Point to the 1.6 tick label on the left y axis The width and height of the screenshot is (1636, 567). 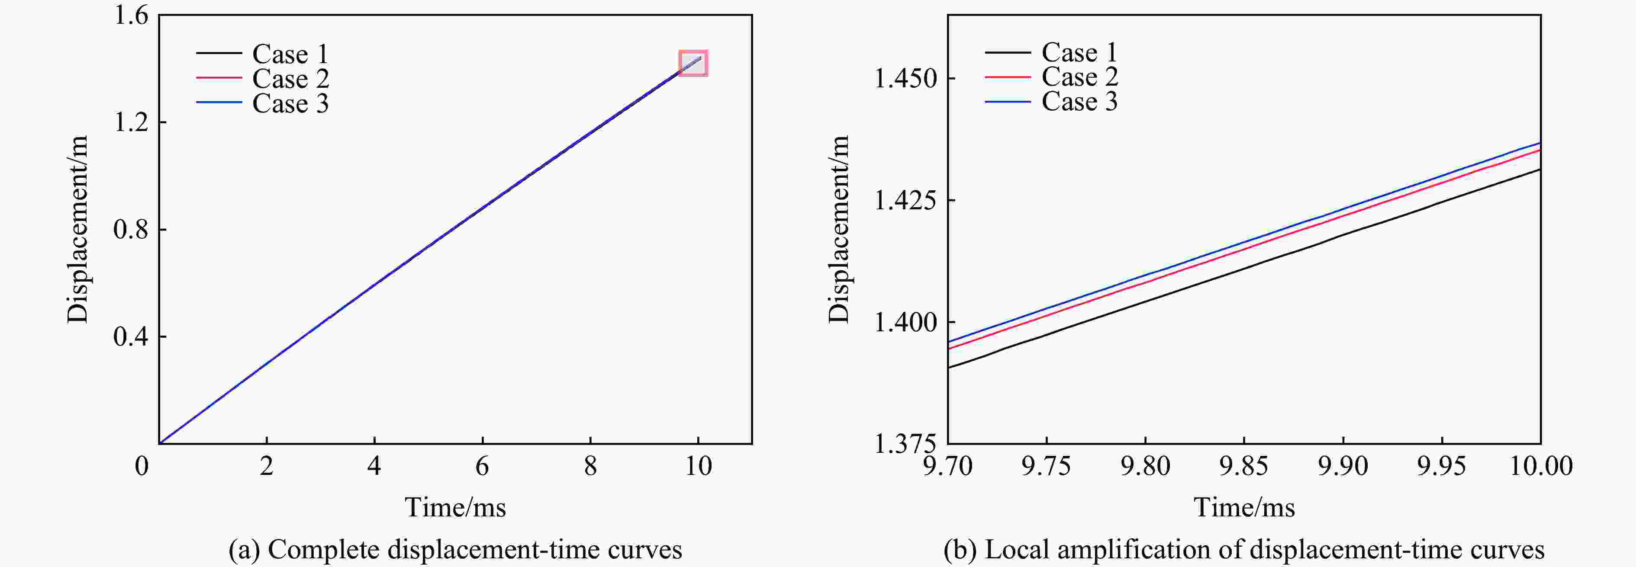click(130, 15)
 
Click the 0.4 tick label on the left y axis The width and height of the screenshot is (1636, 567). click(130, 336)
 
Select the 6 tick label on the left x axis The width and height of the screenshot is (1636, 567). click(482, 467)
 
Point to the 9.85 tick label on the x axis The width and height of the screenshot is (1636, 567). click(1243, 467)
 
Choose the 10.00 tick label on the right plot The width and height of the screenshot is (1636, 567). click(1540, 467)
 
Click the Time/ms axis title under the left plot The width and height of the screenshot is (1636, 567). click(455, 507)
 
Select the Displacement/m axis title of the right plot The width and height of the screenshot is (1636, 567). click(838, 229)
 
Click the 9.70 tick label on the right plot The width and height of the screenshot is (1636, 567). click(947, 467)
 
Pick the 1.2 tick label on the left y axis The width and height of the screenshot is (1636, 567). click(130, 122)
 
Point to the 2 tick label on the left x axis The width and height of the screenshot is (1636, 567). click(267, 467)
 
